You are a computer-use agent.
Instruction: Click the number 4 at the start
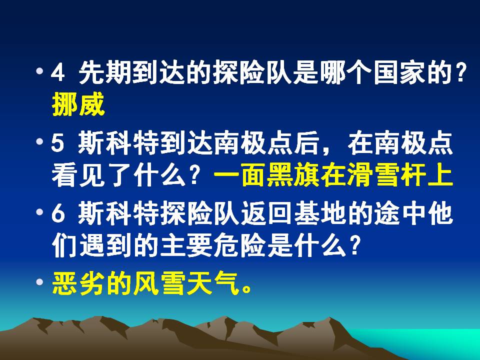point(58,76)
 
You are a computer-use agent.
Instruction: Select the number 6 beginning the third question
point(58,216)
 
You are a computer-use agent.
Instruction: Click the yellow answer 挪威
point(78,105)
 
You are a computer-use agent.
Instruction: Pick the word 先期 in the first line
point(104,76)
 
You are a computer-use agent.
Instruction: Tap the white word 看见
point(78,175)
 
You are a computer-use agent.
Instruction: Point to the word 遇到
point(104,245)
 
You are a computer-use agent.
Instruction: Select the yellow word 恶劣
point(78,283)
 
